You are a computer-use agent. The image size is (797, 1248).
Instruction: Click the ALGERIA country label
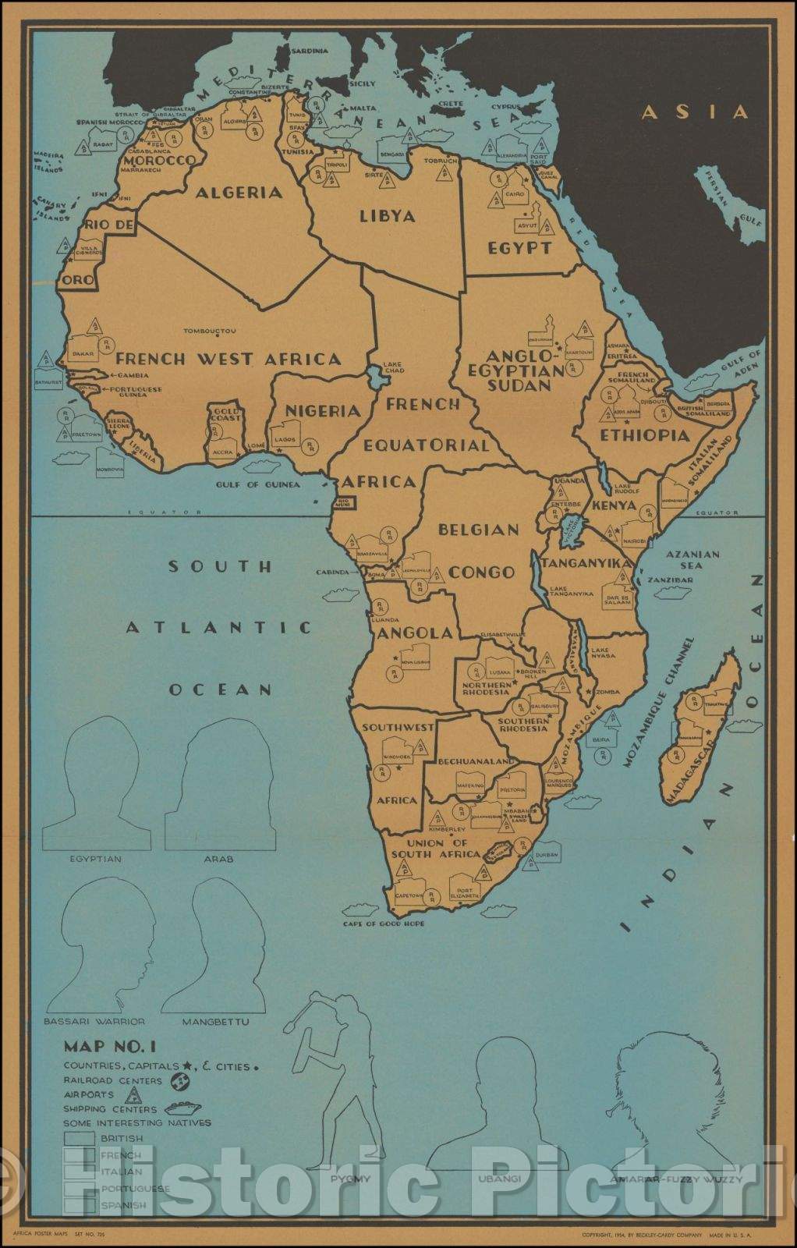tap(239, 192)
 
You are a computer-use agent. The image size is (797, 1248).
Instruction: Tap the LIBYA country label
tap(387, 216)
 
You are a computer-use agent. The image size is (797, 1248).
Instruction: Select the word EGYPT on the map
tap(519, 248)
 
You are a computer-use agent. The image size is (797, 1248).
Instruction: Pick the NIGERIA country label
tap(322, 410)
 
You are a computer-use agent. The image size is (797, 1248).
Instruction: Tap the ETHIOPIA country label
tap(644, 435)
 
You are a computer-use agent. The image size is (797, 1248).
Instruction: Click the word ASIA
tap(694, 112)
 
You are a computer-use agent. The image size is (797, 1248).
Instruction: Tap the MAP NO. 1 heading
tap(109, 1046)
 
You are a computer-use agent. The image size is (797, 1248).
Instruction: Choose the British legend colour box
tap(80, 1139)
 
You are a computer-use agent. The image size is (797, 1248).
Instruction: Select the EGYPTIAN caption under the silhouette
tap(95, 859)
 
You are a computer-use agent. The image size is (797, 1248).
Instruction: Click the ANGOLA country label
tap(414, 633)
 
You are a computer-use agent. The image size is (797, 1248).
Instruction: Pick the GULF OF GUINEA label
tap(258, 484)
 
